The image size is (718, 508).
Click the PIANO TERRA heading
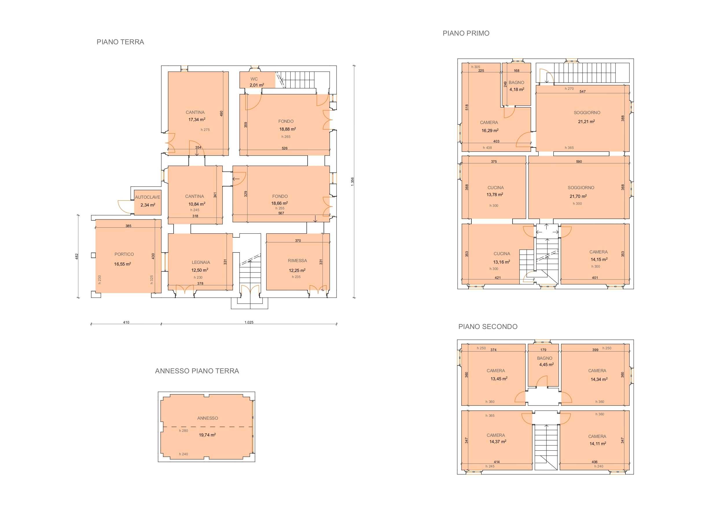120,42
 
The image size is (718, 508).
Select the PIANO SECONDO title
488,326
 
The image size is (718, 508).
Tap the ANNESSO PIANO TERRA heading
197,371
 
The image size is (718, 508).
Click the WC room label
254,79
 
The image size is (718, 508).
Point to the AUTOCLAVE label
148,197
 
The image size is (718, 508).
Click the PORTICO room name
124,254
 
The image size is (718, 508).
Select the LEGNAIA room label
201,262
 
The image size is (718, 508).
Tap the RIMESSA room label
298,260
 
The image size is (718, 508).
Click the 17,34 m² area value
197,119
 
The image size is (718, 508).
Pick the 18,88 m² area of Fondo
287,129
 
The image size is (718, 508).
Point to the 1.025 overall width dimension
249,322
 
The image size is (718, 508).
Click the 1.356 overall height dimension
352,182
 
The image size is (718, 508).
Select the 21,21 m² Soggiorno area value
586,121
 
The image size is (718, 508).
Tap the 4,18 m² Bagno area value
517,89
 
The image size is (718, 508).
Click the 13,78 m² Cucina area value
495,194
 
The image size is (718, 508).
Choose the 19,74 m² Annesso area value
207,435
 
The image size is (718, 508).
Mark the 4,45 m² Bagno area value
546,364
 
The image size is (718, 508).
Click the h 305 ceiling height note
476,67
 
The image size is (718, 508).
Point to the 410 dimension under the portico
126,322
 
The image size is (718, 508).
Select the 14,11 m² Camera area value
598,443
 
